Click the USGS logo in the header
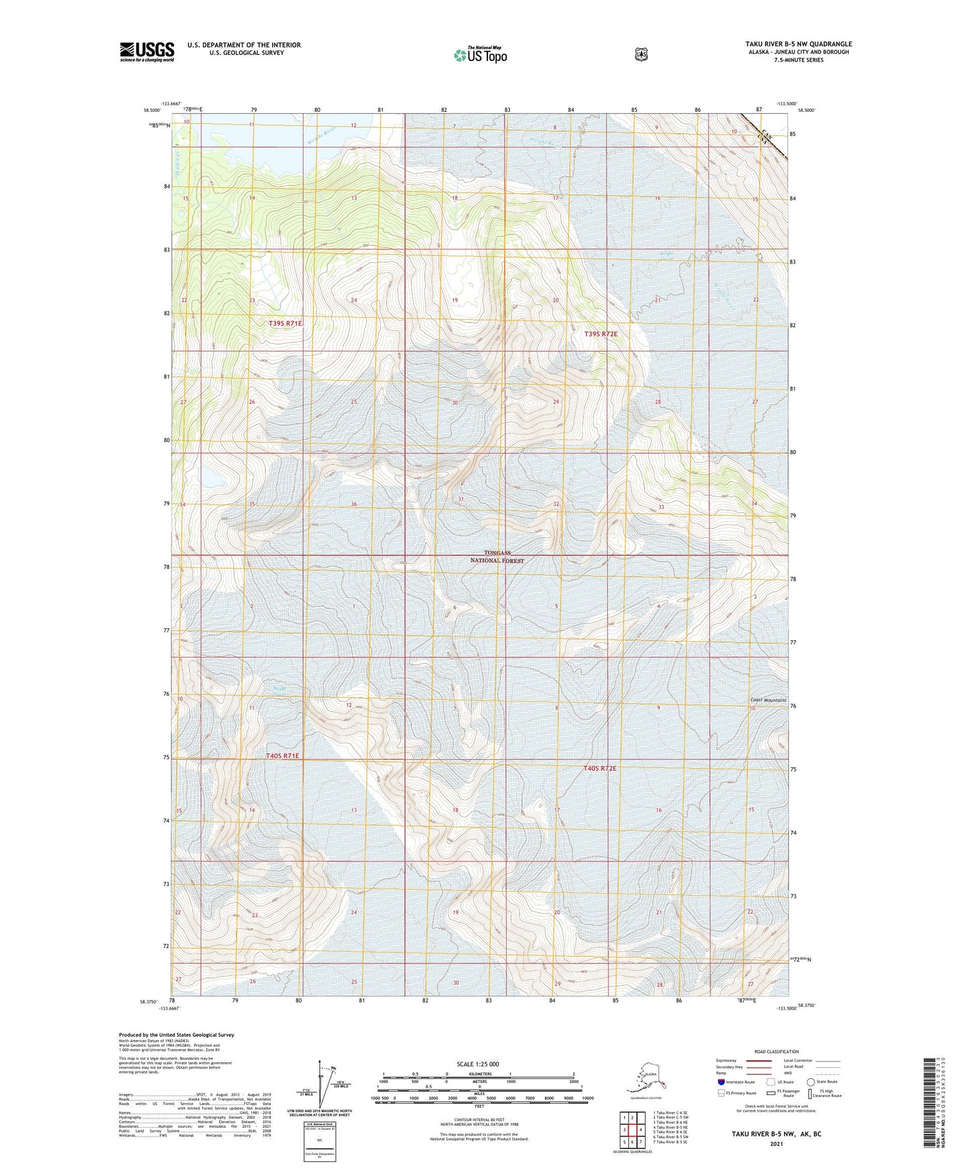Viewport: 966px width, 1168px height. pos(147,52)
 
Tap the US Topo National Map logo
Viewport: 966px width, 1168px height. pos(479,55)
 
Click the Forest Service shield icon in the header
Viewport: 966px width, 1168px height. pos(640,54)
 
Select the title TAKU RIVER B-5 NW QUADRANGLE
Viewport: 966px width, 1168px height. pos(799,44)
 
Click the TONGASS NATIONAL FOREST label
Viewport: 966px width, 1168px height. pos(497,557)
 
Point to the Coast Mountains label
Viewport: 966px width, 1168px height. pos(768,700)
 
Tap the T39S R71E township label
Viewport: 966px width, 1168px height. pos(285,323)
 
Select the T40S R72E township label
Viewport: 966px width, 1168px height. pos(600,769)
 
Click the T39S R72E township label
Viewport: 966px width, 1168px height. pos(601,333)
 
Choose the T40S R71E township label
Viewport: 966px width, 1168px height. pos(283,756)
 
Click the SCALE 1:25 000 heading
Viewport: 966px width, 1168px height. pos(478,1064)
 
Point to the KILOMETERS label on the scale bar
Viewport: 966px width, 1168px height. pos(479,1074)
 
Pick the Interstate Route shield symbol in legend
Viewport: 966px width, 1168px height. pos(721,1081)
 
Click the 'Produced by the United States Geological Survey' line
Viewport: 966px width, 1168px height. pos(176,1035)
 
